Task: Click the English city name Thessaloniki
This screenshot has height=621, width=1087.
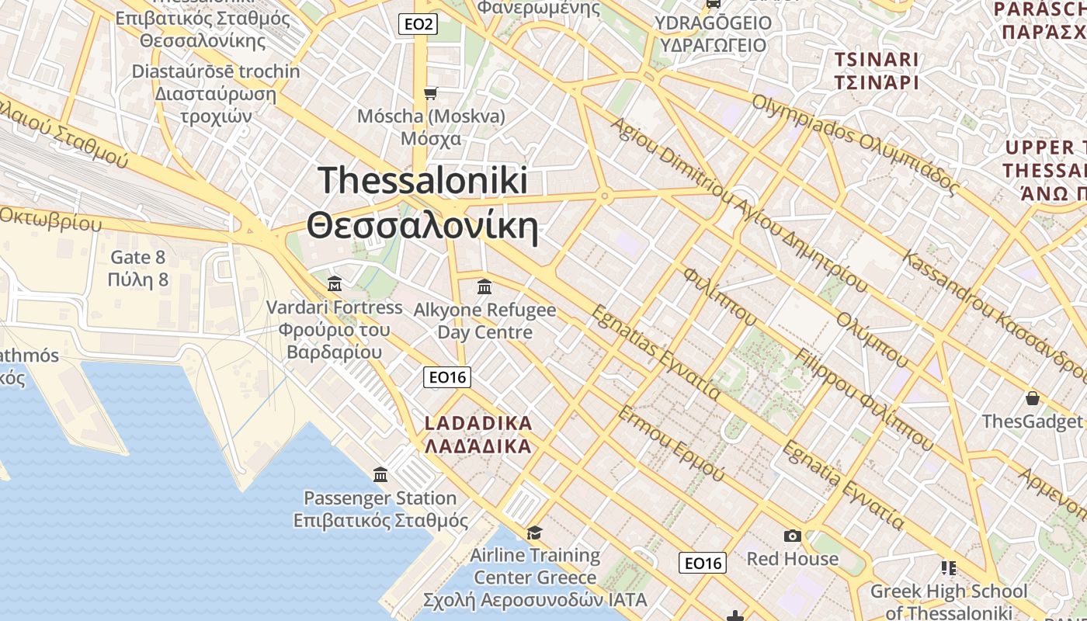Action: coord(423,180)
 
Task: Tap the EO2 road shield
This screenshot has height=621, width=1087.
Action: coord(418,24)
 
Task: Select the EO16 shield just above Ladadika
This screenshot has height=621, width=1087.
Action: coord(448,377)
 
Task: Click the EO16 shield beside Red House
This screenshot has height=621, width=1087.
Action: coord(703,563)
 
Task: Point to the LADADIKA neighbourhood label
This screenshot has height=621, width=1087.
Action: coord(478,424)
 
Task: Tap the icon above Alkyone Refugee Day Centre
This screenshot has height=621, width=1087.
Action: coord(484,287)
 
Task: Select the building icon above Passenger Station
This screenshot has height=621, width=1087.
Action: coord(380,474)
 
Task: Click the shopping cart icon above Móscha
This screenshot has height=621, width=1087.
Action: coord(430,94)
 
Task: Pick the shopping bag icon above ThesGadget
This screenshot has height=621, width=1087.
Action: coord(1033,399)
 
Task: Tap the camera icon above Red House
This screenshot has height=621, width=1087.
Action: coord(792,536)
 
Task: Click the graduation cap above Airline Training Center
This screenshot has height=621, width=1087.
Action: coord(534,533)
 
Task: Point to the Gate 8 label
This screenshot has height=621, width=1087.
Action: coord(138,257)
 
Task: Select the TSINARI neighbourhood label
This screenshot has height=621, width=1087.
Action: coord(876,60)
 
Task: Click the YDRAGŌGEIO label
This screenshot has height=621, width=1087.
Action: coord(713,23)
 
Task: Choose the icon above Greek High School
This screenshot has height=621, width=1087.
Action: coord(948,568)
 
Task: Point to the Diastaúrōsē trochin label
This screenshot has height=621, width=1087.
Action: coord(215,71)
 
